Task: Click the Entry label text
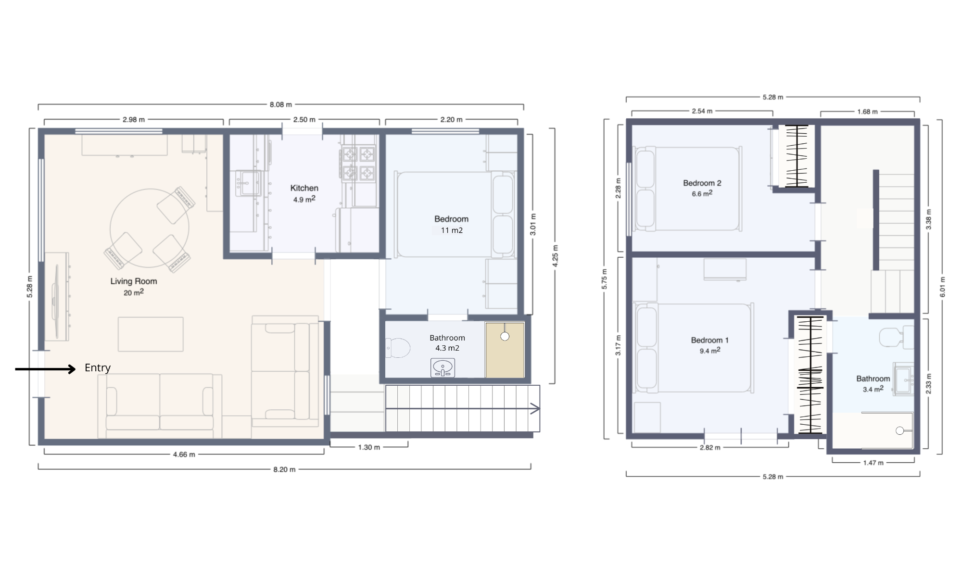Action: [98, 368]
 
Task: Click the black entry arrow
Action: [46, 369]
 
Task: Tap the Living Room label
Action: [133, 281]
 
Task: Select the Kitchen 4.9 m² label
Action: [304, 193]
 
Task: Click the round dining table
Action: [149, 228]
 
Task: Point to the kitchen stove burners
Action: [358, 163]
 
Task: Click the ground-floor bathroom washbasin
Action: [443, 368]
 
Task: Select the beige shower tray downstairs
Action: [505, 350]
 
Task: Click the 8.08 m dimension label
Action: [280, 104]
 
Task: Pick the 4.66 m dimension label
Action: [184, 454]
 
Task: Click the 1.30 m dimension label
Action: [369, 447]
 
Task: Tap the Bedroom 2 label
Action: [702, 183]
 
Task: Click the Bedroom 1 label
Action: [709, 341]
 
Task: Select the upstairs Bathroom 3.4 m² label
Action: [873, 383]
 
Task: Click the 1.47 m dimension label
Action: [873, 463]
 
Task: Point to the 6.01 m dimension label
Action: [942, 287]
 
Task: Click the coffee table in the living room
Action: [151, 334]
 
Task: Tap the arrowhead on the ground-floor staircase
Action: [535, 409]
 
